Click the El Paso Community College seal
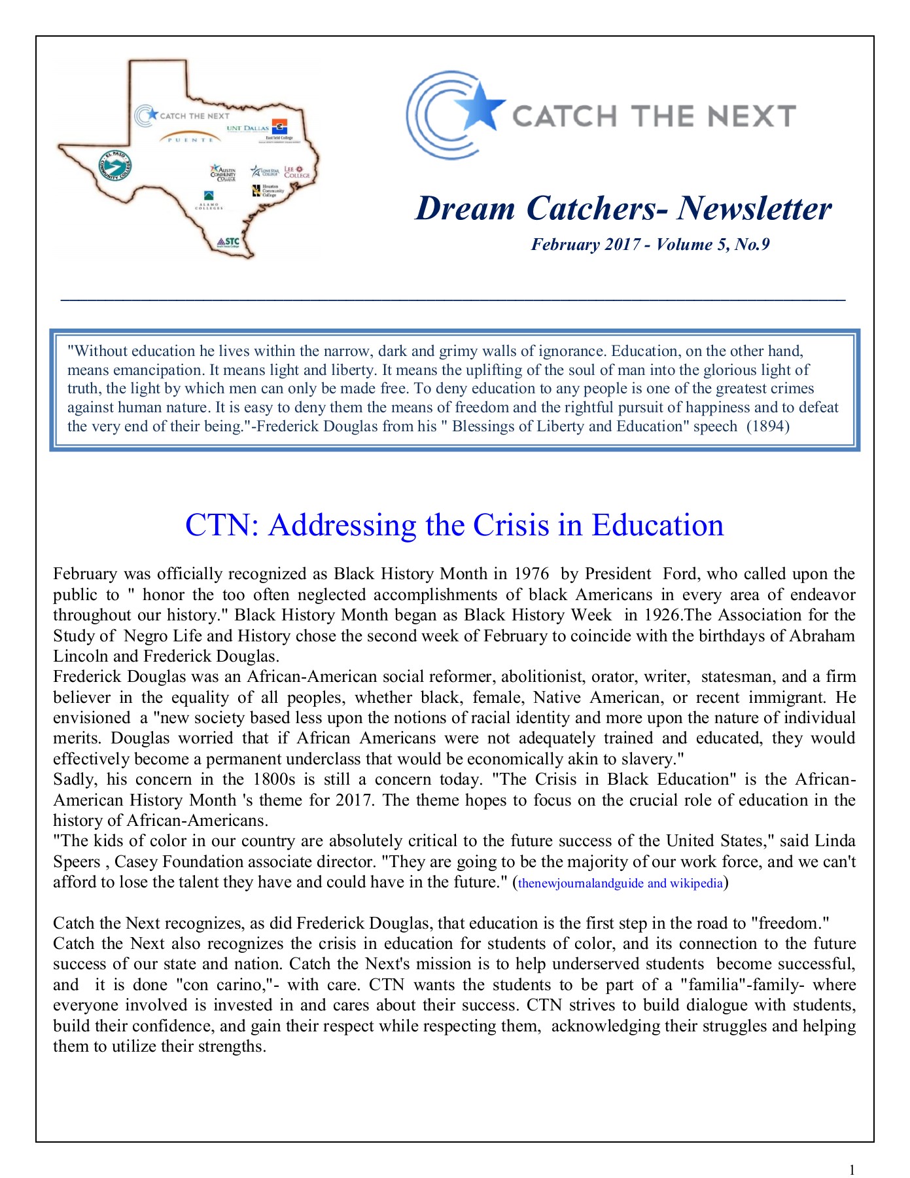115,166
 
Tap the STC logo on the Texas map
228,243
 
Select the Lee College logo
297,172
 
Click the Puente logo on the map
190,138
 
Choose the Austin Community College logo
222,173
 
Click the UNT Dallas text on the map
247,128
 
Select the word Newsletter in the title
754,209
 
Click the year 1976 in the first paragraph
531,574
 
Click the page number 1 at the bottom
852,1169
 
